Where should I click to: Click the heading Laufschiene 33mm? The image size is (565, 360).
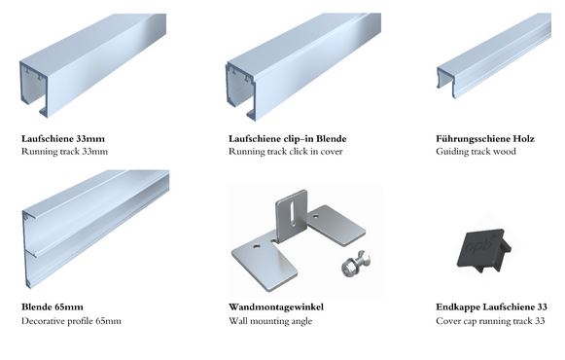tap(63, 138)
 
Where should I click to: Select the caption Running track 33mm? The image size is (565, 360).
tap(64, 152)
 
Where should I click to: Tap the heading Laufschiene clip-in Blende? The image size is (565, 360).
tap(288, 138)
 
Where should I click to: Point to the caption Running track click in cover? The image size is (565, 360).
tap(285, 152)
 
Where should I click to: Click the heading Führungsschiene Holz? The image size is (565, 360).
tap(485, 138)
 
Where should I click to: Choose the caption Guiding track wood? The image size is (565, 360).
tap(476, 152)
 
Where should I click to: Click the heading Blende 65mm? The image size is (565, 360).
tap(53, 307)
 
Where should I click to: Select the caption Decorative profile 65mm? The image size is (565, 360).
tap(71, 321)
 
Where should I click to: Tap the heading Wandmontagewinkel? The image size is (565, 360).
tap(276, 307)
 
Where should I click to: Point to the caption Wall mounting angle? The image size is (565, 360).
tap(270, 321)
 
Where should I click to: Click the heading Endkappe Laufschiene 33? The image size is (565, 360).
tap(491, 307)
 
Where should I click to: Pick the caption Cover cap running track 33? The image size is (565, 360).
tap(490, 321)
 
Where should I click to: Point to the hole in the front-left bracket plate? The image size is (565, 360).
tap(256, 247)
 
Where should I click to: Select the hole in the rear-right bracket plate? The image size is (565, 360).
tap(316, 217)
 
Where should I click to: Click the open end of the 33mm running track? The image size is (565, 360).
tap(33, 89)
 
